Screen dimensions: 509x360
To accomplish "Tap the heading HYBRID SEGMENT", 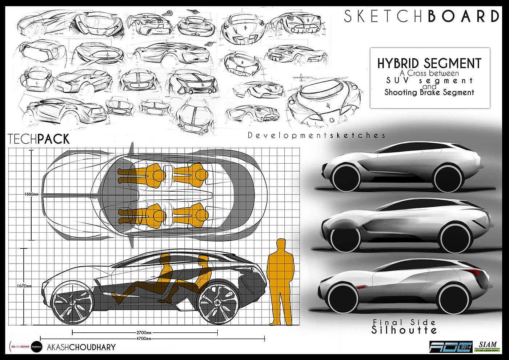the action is click(x=429, y=63).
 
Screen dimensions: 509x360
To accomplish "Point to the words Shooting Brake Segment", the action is click(x=429, y=92).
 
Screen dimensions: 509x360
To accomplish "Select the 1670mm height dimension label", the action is click(x=24, y=286).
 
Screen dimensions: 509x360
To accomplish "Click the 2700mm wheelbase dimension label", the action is click(x=144, y=332).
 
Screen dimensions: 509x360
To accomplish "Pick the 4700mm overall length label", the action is click(x=144, y=339).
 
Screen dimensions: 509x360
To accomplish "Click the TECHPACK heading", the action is click(x=39, y=139).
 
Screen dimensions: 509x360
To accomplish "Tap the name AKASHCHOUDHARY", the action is click(x=81, y=347).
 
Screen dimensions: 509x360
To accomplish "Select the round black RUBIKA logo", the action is click(x=37, y=347).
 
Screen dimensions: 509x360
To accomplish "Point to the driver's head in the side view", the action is click(x=165, y=259).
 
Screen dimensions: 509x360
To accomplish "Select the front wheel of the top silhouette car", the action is click(x=346, y=178).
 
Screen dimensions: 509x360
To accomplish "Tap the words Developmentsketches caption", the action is click(x=316, y=136).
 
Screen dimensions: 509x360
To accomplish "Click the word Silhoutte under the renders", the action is click(x=404, y=330).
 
